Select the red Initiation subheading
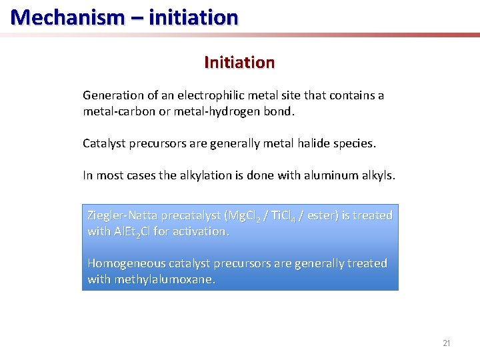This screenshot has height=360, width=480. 239,63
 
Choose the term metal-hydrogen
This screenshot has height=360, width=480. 216,111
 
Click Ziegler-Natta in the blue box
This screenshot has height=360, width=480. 121,215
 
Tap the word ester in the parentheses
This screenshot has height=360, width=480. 326,215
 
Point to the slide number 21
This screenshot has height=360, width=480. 447,343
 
